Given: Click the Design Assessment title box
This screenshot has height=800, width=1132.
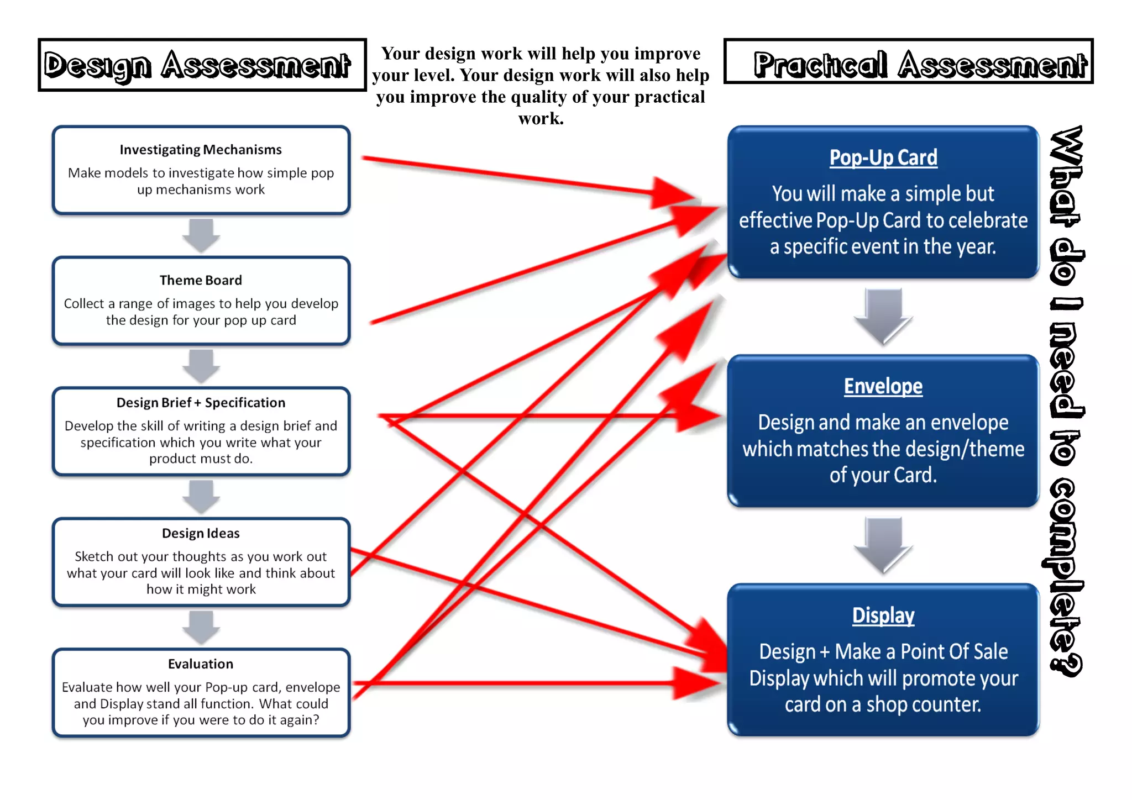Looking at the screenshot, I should click(x=202, y=65).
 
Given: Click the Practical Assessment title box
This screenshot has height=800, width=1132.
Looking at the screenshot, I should click(x=908, y=62).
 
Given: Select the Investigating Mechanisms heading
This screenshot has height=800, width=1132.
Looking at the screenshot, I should click(x=201, y=150).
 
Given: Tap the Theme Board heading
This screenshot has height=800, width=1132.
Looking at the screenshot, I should click(x=201, y=280).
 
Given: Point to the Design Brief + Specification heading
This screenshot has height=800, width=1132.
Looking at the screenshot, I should click(x=201, y=403).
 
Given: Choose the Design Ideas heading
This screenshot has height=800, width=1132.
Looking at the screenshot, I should click(x=201, y=533).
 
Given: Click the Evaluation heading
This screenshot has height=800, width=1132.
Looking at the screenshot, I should click(x=201, y=664).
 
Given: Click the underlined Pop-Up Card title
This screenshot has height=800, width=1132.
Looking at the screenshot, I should click(x=883, y=158).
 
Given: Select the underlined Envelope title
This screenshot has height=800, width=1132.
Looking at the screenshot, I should click(x=883, y=386).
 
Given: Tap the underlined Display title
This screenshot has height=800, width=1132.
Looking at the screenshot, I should click(x=883, y=615).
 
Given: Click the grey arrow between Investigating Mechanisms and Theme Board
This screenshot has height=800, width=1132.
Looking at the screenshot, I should click(x=201, y=235).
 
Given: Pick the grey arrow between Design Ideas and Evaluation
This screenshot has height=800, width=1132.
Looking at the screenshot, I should click(x=201, y=627).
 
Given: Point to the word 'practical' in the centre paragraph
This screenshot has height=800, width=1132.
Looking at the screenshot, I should click(x=669, y=97).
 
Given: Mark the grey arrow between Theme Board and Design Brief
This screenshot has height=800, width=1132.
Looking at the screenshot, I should click(x=201, y=365).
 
